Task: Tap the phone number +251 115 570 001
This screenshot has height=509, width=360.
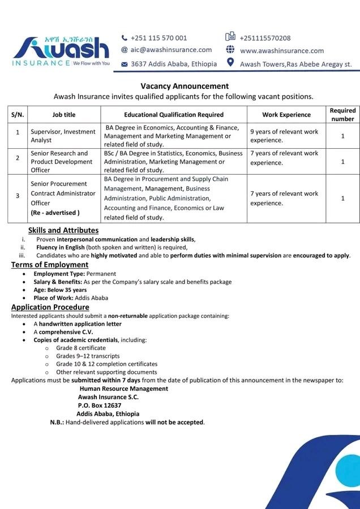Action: (158, 38)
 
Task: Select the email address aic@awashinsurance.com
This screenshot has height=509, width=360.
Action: (171, 50)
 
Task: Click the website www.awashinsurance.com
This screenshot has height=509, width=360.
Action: (282, 51)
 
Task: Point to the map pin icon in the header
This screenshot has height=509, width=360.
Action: (230, 62)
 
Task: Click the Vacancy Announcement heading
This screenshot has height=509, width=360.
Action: (185, 86)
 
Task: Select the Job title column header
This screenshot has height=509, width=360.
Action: (64, 115)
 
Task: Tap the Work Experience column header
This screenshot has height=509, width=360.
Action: (286, 115)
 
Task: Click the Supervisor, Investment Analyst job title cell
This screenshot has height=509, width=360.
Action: (63, 136)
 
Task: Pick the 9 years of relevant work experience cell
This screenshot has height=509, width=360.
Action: (284, 136)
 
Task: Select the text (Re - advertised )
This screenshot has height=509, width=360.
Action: (55, 213)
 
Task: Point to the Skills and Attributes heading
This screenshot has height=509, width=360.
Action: (63, 230)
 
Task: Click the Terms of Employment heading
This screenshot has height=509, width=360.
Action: (50, 265)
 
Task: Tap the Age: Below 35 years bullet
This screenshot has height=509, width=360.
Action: (60, 290)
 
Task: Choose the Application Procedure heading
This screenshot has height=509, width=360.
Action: (50, 307)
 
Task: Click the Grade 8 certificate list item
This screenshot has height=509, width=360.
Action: (81, 348)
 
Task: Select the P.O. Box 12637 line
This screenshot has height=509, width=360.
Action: (100, 406)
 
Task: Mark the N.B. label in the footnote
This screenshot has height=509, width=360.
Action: (57, 422)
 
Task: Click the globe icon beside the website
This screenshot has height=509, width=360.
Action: (230, 50)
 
